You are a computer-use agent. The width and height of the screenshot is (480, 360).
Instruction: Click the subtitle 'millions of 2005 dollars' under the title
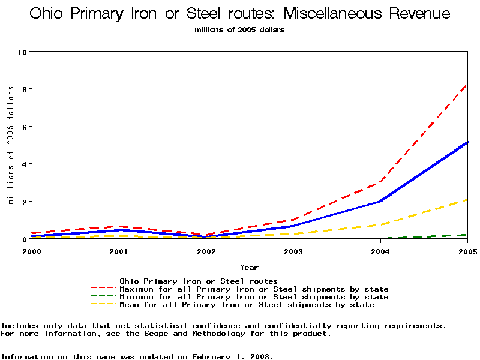click(x=239, y=29)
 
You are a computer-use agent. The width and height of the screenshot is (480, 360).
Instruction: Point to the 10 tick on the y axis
click(x=23, y=52)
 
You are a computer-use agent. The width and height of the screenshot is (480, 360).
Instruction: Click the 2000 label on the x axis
click(x=32, y=251)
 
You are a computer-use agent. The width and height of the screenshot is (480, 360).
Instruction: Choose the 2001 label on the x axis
click(x=119, y=251)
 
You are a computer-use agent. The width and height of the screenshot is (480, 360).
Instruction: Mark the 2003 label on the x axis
click(x=293, y=251)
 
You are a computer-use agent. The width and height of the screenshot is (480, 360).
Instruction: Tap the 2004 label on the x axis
click(x=380, y=251)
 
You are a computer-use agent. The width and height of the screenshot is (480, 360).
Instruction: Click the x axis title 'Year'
click(x=250, y=267)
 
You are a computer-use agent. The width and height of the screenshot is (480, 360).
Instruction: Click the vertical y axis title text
click(x=11, y=145)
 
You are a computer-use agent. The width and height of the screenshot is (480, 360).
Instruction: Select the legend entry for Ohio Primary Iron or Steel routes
click(x=199, y=281)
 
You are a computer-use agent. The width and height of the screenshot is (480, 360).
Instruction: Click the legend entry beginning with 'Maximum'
click(x=254, y=289)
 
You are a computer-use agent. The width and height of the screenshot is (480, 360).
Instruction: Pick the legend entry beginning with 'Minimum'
click(x=254, y=297)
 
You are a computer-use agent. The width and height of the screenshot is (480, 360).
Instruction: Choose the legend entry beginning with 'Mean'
click(x=247, y=305)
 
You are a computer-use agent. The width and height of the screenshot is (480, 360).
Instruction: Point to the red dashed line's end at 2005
click(x=467, y=85)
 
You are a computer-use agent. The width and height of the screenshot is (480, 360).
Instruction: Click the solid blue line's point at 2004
click(x=380, y=201)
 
